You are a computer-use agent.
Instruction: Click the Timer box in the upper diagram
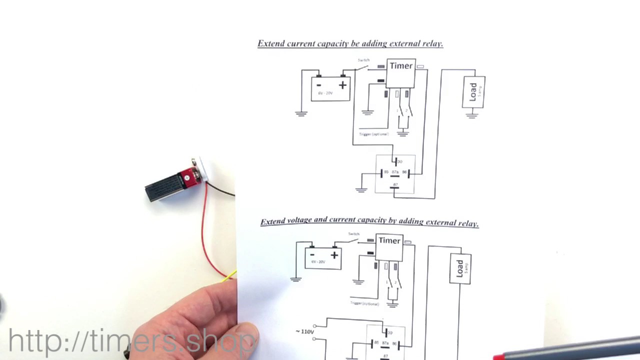pyautogui.click(x=401, y=72)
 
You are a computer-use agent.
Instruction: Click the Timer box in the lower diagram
pyautogui.click(x=389, y=247)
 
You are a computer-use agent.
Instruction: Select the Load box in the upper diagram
pyautogui.click(x=473, y=91)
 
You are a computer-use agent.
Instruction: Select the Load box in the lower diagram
pyautogui.click(x=460, y=269)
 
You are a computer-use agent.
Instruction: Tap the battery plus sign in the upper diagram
pyautogui.click(x=342, y=85)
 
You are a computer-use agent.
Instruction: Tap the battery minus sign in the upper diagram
pyautogui.click(x=318, y=85)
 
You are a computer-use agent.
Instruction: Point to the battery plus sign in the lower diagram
pyautogui.click(x=334, y=255)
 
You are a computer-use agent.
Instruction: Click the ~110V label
pyautogui.click(x=305, y=331)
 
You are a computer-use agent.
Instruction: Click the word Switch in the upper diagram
pyautogui.click(x=363, y=60)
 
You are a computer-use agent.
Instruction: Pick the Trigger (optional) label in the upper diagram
pyautogui.click(x=373, y=134)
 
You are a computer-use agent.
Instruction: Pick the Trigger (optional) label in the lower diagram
pyautogui.click(x=364, y=303)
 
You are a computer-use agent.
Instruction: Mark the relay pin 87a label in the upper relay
pyautogui.click(x=395, y=172)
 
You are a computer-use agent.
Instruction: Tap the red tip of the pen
pyautogui.click(x=498, y=357)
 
